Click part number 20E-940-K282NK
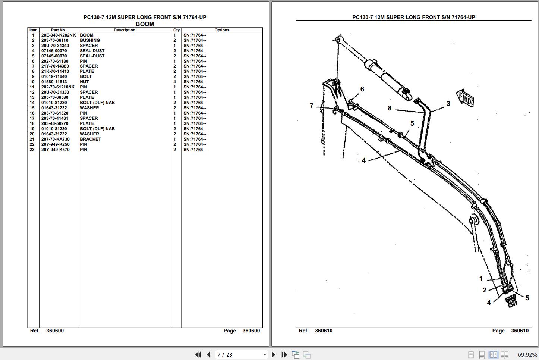[x=59, y=35]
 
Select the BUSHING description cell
[x=90, y=40]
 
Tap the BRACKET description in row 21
[x=90, y=139]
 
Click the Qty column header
[x=176, y=30]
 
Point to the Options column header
[x=222, y=30]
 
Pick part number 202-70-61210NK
[x=58, y=87]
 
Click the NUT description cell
[x=84, y=82]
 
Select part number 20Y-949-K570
[x=55, y=150]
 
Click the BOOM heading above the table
[x=145, y=24]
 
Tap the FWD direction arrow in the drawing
[x=465, y=98]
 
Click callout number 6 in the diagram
[x=362, y=89]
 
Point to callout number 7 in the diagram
[x=311, y=106]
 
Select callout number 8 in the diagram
[x=390, y=108]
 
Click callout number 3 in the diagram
[x=448, y=104]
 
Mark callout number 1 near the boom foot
[x=481, y=279]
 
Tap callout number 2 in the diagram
[x=484, y=290]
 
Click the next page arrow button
[x=273, y=354]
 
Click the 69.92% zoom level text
[x=527, y=355]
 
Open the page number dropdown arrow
[x=265, y=355]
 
